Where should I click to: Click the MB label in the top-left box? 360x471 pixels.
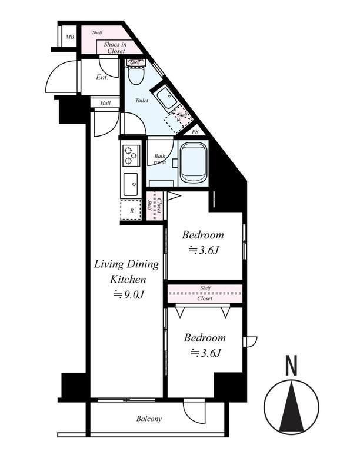[x=70, y=37]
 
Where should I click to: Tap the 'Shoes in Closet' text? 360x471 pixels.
[x=115, y=48]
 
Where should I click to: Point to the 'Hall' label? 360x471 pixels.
[x=105, y=102]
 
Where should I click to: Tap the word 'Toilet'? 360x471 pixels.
[x=141, y=101]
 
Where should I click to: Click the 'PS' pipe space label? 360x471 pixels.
[x=195, y=132]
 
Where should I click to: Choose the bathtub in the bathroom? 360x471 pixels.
[x=194, y=163]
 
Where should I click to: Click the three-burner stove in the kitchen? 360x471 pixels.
[x=130, y=155]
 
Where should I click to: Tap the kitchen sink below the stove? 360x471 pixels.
[x=130, y=185]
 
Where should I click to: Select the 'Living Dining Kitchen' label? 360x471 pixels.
[x=120, y=271]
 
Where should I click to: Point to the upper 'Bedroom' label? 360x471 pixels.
[x=202, y=235]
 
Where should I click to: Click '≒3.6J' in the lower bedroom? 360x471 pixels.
[x=205, y=353]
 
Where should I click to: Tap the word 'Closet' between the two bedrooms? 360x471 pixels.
[x=205, y=298]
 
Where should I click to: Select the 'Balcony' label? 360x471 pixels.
[x=149, y=419]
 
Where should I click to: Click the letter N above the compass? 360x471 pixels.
[x=291, y=366]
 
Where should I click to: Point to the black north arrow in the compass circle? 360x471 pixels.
[x=291, y=410]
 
